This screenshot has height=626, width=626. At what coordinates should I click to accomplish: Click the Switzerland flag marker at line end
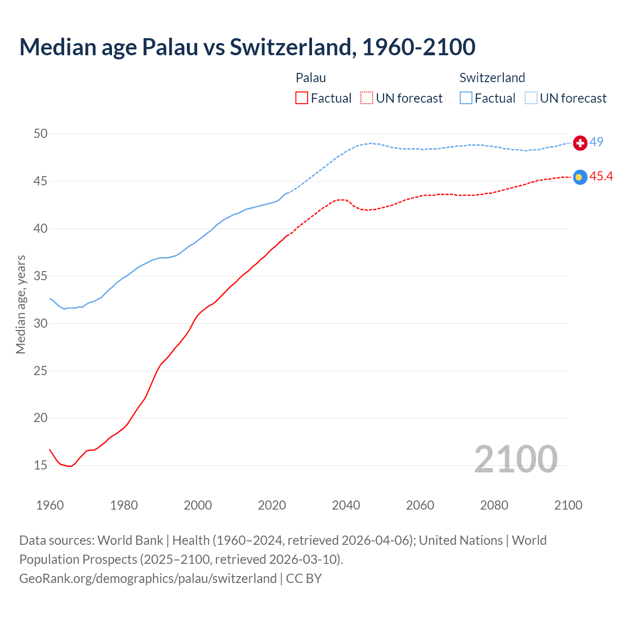580,143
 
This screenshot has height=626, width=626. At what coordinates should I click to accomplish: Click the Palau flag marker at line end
580,178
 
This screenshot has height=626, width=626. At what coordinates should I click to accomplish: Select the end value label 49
596,142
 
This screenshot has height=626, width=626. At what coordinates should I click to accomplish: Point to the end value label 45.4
601,177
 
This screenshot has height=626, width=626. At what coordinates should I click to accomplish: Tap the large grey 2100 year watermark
515,459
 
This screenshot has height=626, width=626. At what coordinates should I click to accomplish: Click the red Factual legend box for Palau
302,98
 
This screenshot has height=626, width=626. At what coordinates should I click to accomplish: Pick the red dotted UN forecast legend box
367,98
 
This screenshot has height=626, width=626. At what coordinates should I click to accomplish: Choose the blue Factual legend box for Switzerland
466,98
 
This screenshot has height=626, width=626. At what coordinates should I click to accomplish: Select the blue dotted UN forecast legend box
531,98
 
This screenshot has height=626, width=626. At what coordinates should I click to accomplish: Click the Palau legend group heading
311,78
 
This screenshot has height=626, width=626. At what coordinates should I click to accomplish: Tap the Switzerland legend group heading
492,78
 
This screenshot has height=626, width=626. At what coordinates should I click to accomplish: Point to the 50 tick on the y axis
41,134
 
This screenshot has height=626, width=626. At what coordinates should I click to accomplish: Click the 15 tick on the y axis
41,465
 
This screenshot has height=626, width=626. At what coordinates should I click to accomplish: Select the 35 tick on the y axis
41,276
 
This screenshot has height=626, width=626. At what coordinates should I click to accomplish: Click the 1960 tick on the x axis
50,505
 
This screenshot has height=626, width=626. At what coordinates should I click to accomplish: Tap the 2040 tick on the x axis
346,505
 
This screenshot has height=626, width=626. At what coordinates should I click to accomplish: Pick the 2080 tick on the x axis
494,505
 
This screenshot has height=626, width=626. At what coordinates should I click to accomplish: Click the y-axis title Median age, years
21,304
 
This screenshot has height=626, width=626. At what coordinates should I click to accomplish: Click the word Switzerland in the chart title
291,47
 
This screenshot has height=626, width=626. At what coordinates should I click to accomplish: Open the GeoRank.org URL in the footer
148,579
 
